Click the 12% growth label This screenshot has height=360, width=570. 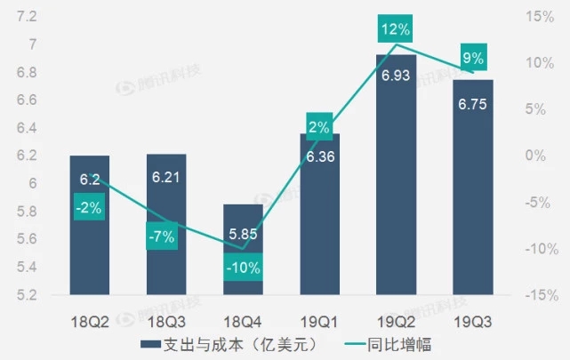[396, 29]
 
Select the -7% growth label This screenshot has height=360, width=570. [165, 237]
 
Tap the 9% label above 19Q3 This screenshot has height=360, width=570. [472, 59]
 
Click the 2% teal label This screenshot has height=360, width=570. [319, 127]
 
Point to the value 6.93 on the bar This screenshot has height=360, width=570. [396, 76]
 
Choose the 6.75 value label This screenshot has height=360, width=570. [472, 103]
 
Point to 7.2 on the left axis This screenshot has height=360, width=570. [25, 17]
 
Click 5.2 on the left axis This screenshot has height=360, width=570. [25, 294]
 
